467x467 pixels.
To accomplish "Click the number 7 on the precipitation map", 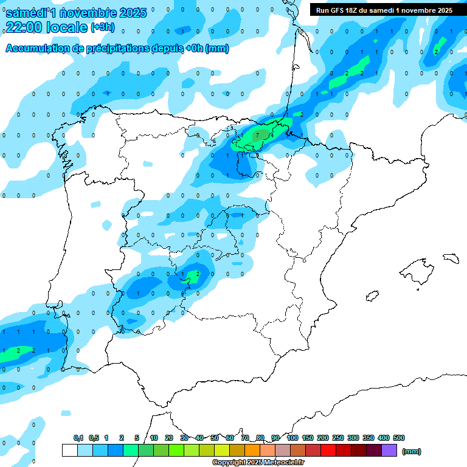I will coord(258,135).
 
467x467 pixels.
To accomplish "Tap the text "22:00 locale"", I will coord(46,27).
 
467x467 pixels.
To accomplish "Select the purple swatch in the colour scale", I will coord(389,450).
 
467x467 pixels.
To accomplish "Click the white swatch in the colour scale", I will coord(69,450).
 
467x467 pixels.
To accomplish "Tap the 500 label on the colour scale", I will coord(399,438).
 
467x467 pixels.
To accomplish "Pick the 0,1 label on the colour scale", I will coord(78,438).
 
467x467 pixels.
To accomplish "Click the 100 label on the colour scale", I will coord(292,438).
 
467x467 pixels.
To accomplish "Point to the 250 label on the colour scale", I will coord(338,438).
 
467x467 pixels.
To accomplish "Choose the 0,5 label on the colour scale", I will coord(94,438).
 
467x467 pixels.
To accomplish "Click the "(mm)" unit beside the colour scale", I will coord(412,451).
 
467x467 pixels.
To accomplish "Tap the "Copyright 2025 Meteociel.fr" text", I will coord(258,463).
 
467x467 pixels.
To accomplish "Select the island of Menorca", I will coord(451,258).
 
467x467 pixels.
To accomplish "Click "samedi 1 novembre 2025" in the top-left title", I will coord(76,13).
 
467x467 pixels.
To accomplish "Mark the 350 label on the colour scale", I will coord(368,438).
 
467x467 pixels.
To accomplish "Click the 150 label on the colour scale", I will coord(308,438).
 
